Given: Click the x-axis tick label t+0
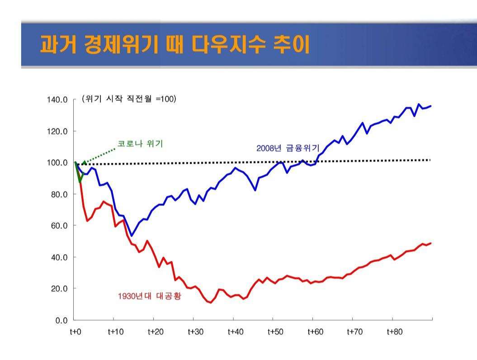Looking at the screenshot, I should coord(75,332).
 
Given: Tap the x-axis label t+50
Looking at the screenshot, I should coord(275,332).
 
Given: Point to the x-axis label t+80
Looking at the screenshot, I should coord(395,332).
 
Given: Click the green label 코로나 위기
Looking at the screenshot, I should coord(140,144).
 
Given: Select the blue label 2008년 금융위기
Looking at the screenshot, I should coord(288,148).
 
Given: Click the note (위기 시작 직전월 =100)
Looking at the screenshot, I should coord(129,99).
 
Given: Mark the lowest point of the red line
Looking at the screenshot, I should coord(211,303).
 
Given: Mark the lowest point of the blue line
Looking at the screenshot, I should coord(131,236).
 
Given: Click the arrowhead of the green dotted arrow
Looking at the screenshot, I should coord(84,162).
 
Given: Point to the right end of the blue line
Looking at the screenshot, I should coord(430,106).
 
